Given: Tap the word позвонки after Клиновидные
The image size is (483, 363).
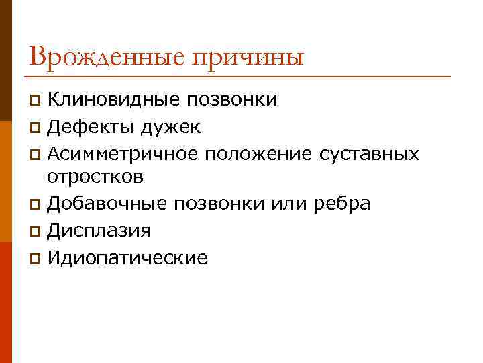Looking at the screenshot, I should point(233,101).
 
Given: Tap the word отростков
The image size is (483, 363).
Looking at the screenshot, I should point(95,177).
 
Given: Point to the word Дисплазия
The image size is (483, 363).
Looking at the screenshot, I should point(99,231).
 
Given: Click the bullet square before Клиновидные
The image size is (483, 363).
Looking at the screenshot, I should point(36,102).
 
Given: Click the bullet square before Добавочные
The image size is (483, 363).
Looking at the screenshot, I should point(36,204).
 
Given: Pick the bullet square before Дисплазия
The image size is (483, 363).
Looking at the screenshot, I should point(36,231).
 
